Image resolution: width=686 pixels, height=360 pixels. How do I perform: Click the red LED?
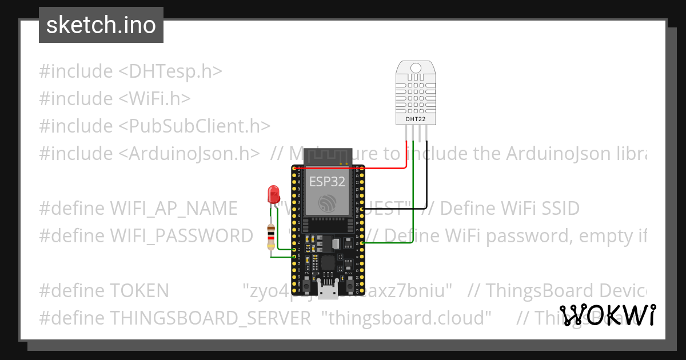pos(273,194)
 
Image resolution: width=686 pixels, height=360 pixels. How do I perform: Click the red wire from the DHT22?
pos(406,160)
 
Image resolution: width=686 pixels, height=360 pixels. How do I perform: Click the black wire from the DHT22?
pos(426,183)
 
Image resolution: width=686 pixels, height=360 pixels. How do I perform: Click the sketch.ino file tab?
pos(101,25)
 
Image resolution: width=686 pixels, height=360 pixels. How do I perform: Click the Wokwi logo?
pos(608,315)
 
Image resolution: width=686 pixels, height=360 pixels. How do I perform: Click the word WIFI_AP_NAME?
pos(173,209)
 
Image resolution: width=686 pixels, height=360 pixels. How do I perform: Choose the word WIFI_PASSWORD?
pos(181,235)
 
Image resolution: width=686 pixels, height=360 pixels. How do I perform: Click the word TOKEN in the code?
pos(139,291)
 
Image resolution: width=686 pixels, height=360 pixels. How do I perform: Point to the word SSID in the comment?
pos(559,209)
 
